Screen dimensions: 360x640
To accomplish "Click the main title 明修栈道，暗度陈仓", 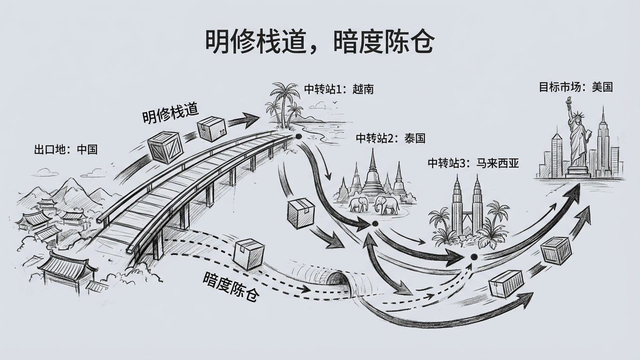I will [319, 42].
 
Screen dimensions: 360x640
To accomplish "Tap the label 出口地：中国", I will [66, 149].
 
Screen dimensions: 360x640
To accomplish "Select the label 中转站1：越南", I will [339, 89].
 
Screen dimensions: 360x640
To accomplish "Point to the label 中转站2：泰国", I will [390, 138].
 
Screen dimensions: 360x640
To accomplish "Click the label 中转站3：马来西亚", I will [473, 163].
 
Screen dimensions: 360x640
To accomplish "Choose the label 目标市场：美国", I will [576, 87].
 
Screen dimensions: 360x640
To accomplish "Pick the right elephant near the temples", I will [387, 204].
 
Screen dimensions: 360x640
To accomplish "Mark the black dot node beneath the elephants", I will [374, 223].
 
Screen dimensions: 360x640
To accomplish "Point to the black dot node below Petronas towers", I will [473, 257].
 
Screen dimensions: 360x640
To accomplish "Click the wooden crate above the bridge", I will [165, 147].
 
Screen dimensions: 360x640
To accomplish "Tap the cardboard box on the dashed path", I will [250, 253].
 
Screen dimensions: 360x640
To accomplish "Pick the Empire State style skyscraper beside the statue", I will [603, 143].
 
